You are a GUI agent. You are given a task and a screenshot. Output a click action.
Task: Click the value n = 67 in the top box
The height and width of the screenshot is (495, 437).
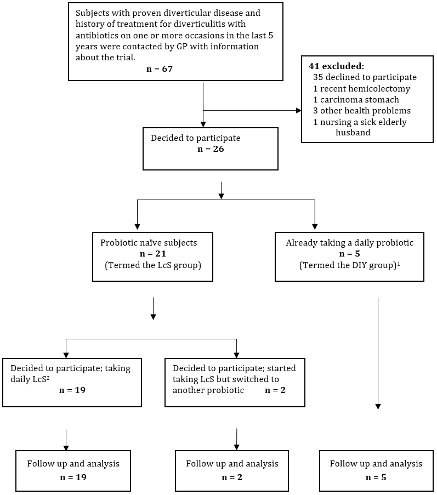[160, 69]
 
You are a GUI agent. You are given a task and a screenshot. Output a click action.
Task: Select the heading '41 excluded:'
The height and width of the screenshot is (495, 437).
[336, 66]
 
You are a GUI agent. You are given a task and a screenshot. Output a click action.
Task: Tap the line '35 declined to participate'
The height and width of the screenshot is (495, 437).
[365, 77]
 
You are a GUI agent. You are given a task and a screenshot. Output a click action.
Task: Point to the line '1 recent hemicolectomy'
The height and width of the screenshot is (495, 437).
[361, 89]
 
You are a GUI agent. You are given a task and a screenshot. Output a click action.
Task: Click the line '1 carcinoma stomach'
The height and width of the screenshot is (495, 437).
[356, 100]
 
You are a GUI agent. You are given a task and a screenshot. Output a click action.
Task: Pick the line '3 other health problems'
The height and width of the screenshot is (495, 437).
[362, 111]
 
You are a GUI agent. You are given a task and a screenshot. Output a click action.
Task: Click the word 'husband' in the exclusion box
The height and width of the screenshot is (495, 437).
[353, 132]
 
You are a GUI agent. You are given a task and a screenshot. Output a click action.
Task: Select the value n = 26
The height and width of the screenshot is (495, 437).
[211, 149]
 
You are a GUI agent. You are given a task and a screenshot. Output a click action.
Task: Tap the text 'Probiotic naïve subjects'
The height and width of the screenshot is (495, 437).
[149, 243]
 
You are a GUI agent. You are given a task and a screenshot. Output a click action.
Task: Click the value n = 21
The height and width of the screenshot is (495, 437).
[153, 254]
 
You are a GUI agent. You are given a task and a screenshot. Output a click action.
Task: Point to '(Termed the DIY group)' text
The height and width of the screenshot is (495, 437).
[348, 265]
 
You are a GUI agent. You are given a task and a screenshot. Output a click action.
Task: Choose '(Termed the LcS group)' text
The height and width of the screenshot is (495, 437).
[153, 265]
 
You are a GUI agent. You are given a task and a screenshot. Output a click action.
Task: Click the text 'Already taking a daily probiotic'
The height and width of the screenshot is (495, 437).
[349, 243]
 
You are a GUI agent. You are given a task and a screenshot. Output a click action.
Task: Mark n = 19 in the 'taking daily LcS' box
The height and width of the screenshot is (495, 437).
[72, 390]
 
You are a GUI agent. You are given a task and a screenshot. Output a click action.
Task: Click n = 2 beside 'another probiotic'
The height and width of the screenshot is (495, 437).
[275, 390]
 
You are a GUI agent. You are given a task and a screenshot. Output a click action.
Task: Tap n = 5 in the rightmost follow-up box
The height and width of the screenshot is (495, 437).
[376, 477]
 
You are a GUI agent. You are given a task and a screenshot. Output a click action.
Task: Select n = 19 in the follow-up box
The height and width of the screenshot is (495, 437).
[73, 477]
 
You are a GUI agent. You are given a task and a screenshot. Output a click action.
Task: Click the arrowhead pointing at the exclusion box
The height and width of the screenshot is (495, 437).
[299, 111]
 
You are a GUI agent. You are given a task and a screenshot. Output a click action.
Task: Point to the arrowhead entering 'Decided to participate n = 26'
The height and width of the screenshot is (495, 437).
[203, 124]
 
